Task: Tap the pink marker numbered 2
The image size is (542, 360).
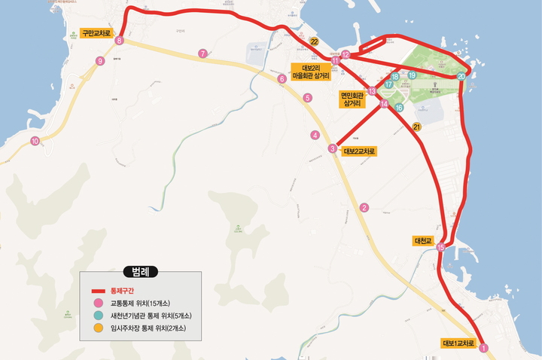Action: click(x=364, y=208)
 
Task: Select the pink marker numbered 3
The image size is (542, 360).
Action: click(x=333, y=148)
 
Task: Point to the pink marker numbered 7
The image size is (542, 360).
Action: click(x=202, y=53)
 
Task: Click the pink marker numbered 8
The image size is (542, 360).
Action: click(x=119, y=41)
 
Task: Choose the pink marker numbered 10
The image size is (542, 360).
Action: click(x=35, y=141)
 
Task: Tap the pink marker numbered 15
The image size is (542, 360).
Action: click(x=440, y=247)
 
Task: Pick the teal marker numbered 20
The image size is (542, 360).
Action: click(x=461, y=75)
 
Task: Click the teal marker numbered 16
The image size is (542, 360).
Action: click(x=400, y=108)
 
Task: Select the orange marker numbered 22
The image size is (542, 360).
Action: click(x=314, y=41)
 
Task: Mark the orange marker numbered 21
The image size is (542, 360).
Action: click(x=416, y=127)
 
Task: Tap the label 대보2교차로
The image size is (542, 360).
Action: click(x=359, y=151)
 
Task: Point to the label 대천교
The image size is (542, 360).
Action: click(x=424, y=241)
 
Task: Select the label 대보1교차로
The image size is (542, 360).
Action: click(x=459, y=343)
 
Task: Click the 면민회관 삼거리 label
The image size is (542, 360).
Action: click(x=352, y=99)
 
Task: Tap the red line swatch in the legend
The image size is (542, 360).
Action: click(x=97, y=291)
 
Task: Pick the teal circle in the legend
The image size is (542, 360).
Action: click(x=97, y=316)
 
